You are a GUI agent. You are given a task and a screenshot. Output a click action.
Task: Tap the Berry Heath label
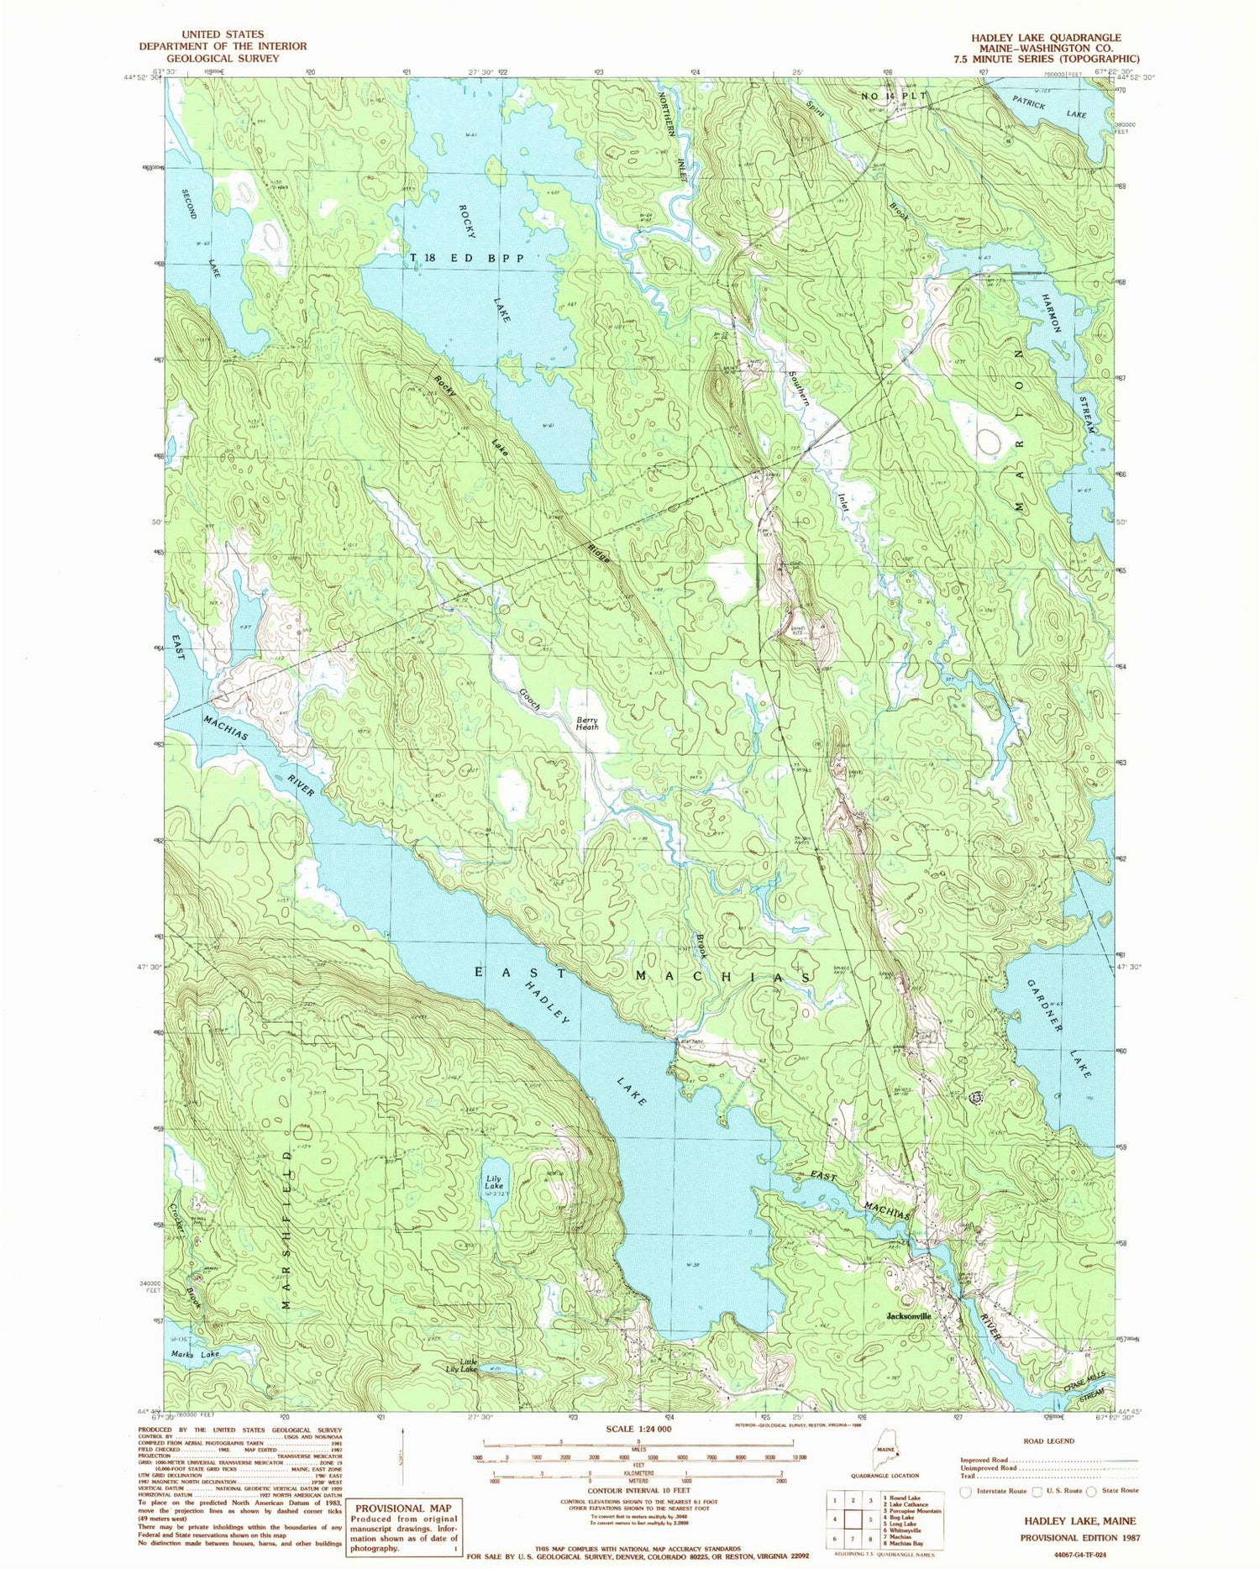tap(586, 723)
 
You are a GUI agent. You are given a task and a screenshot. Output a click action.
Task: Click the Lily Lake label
tap(494, 1183)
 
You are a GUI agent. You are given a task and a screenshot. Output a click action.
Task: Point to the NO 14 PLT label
tap(894, 97)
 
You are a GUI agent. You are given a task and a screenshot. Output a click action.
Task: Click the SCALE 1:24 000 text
tap(633, 1429)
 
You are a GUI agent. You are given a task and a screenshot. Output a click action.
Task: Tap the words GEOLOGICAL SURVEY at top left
tap(223, 59)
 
